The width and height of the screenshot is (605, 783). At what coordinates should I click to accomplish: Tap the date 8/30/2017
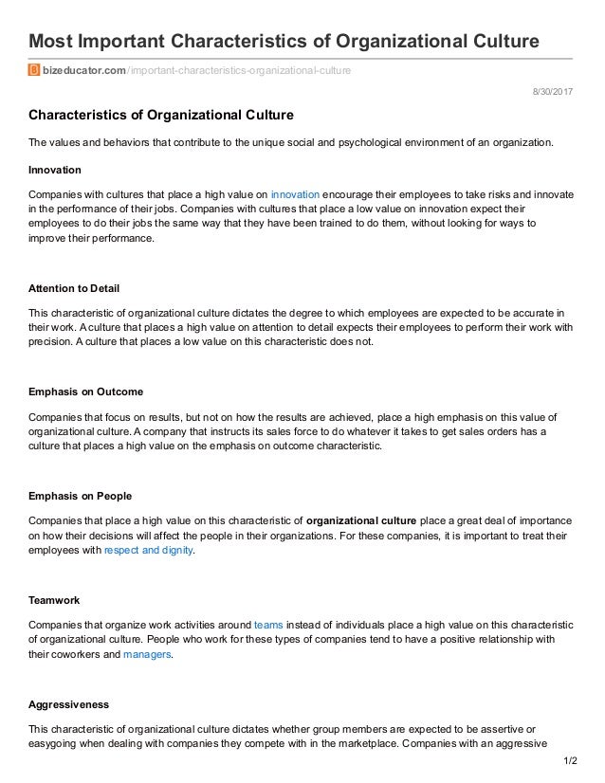555,91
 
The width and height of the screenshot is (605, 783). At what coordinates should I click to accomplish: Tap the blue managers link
147,654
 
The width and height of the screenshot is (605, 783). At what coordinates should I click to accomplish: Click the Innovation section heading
58,171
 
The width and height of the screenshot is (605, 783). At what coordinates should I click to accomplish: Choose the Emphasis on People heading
81,496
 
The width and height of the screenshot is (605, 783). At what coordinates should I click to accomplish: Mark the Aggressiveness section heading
69,705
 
